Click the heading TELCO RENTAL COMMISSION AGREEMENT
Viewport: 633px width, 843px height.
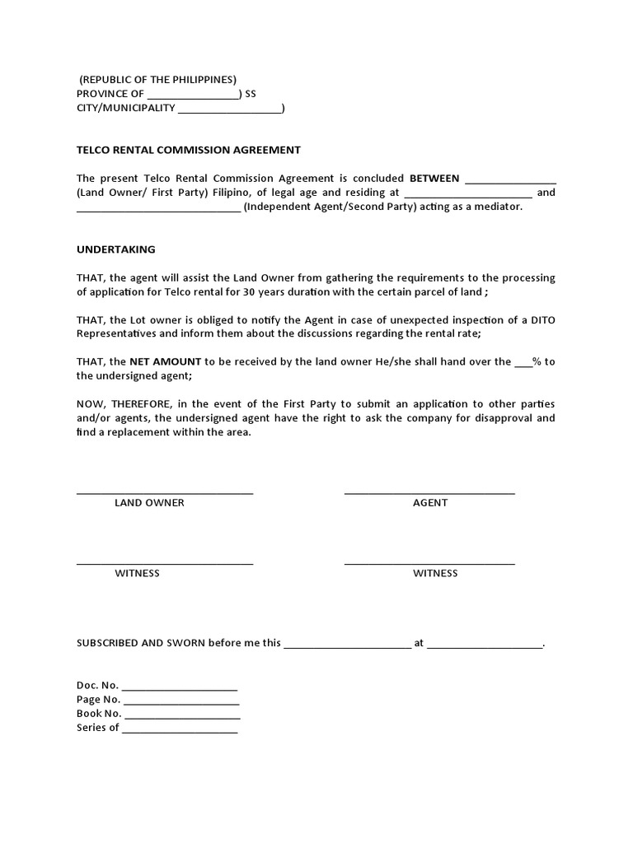pyautogui.click(x=188, y=150)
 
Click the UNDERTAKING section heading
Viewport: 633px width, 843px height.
pyautogui.click(x=115, y=249)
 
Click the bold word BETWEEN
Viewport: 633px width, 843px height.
pyautogui.click(x=434, y=178)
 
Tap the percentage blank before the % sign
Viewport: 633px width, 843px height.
pyautogui.click(x=523, y=363)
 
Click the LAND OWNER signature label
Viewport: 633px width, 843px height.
pyautogui.click(x=149, y=502)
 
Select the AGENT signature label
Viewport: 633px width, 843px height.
pyautogui.click(x=430, y=502)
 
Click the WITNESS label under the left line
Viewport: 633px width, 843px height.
pyautogui.click(x=137, y=573)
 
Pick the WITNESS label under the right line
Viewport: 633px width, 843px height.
pyautogui.click(x=435, y=573)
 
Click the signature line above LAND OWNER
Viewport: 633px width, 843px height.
pyautogui.click(x=165, y=493)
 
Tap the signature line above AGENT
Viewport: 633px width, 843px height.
pyautogui.click(x=429, y=493)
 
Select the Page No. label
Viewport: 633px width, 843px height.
pyautogui.click(x=98, y=700)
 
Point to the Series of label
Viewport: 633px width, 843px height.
pyautogui.click(x=97, y=728)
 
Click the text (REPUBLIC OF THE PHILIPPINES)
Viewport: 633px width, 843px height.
pyautogui.click(x=157, y=80)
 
